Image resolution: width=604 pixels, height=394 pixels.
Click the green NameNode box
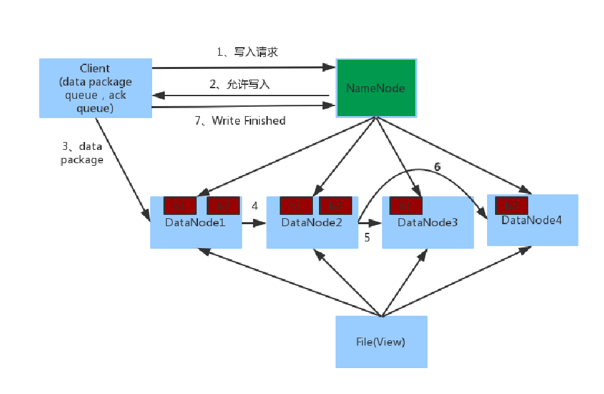coord(376,88)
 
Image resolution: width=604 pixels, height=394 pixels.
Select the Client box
coord(95,88)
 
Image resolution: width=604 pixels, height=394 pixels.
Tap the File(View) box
coord(381,342)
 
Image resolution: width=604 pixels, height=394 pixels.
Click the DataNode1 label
coord(195,222)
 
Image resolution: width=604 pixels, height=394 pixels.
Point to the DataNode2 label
coord(312,222)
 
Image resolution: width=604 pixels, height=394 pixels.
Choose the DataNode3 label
coord(428,222)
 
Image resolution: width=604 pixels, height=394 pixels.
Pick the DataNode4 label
coord(532,220)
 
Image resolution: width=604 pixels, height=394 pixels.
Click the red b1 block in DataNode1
coord(180,206)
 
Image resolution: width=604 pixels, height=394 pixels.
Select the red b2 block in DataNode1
coord(222,206)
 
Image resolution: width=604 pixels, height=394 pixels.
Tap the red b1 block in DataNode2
coord(296,206)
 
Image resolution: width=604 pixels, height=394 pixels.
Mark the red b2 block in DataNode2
coord(336,206)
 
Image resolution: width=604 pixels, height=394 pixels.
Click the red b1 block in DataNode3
coord(405,206)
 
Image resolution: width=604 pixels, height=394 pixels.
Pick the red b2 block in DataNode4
coord(512,204)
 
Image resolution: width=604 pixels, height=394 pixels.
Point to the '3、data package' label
coord(82,153)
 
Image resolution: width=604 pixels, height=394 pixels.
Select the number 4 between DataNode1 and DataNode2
coord(254,206)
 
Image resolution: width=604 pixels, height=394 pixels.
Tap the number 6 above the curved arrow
coord(437,167)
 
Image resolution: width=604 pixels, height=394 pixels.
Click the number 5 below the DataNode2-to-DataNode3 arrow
coord(367,237)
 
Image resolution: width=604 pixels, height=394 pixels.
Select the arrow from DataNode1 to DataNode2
coord(254,224)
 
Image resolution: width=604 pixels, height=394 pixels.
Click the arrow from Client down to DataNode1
coord(123,168)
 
